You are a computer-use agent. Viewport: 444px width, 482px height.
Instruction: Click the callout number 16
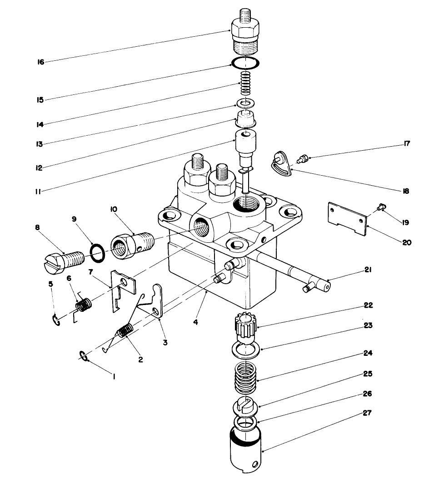tap(40, 62)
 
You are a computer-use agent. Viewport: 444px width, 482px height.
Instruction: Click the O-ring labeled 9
tap(97, 252)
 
